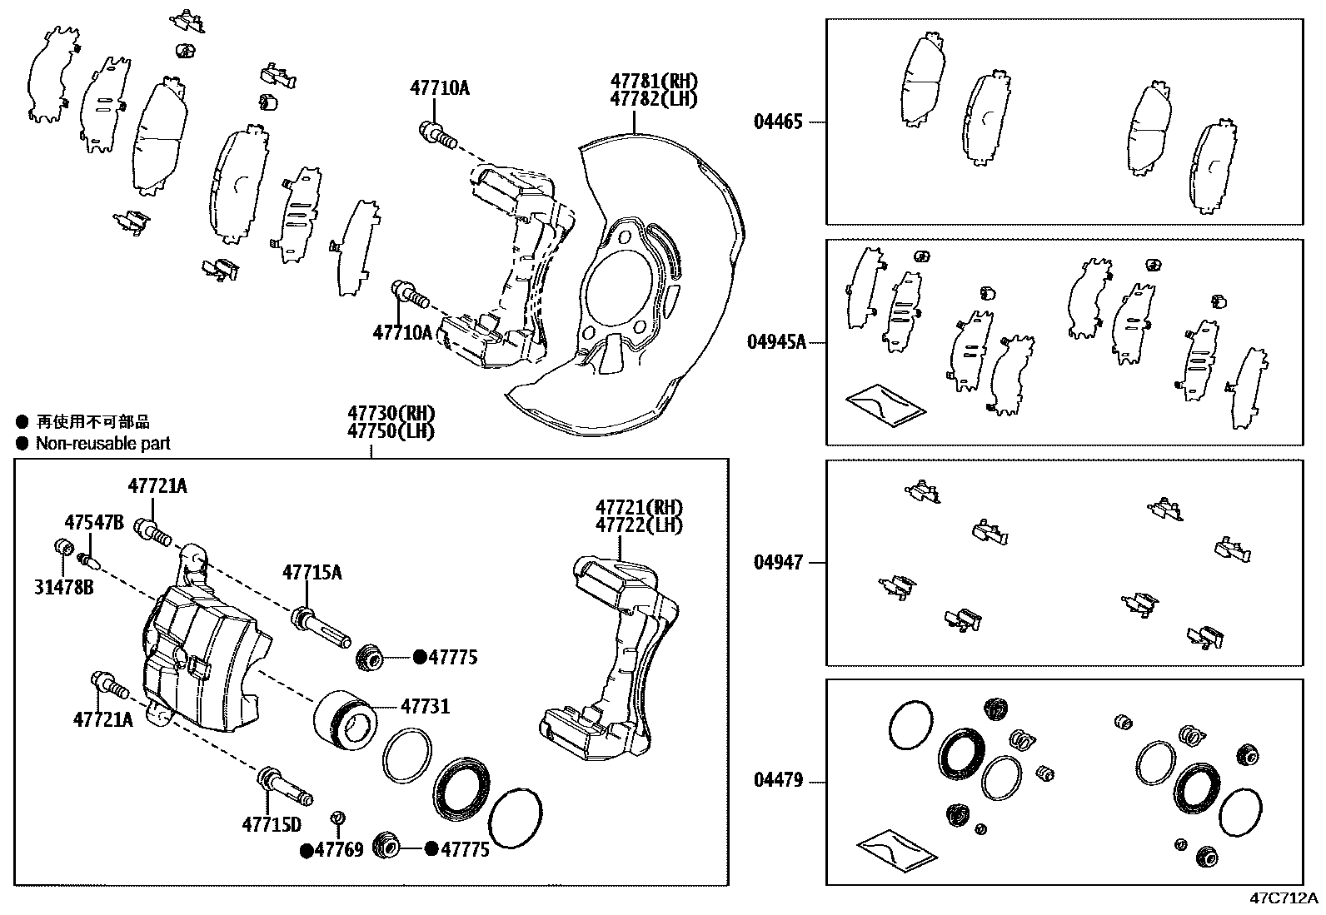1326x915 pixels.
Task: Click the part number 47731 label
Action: [425, 707]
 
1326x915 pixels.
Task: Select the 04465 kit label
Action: [778, 122]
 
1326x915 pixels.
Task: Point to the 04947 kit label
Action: [778, 563]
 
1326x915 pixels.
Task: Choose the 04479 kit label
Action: [778, 781]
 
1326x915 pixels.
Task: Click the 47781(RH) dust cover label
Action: [653, 82]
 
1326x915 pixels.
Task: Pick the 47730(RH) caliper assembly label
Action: [391, 414]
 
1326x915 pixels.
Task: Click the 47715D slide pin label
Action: [271, 825]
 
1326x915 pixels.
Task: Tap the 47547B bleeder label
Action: [94, 522]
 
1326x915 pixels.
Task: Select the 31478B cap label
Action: [63, 588]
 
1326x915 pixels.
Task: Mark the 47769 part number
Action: [340, 850]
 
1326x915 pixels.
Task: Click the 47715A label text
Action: [312, 572]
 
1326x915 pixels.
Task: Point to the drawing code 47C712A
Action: [1284, 898]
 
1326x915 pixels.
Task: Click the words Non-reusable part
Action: [102, 444]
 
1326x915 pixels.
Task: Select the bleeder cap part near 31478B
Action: [61, 547]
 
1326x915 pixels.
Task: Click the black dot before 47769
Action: [307, 850]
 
